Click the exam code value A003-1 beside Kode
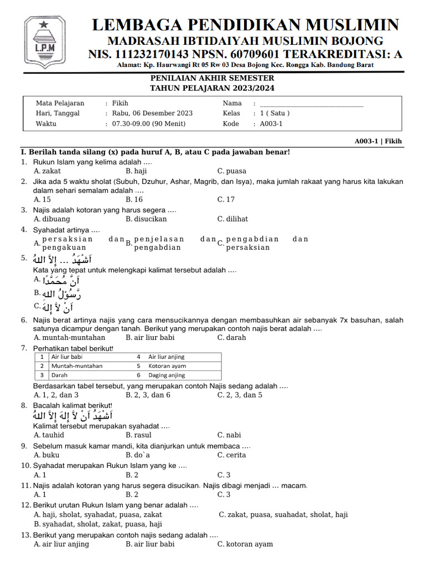[271, 123]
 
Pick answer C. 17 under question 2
[226, 199]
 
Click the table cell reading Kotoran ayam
[167, 366]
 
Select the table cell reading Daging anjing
[167, 375]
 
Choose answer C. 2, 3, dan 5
[240, 395]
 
